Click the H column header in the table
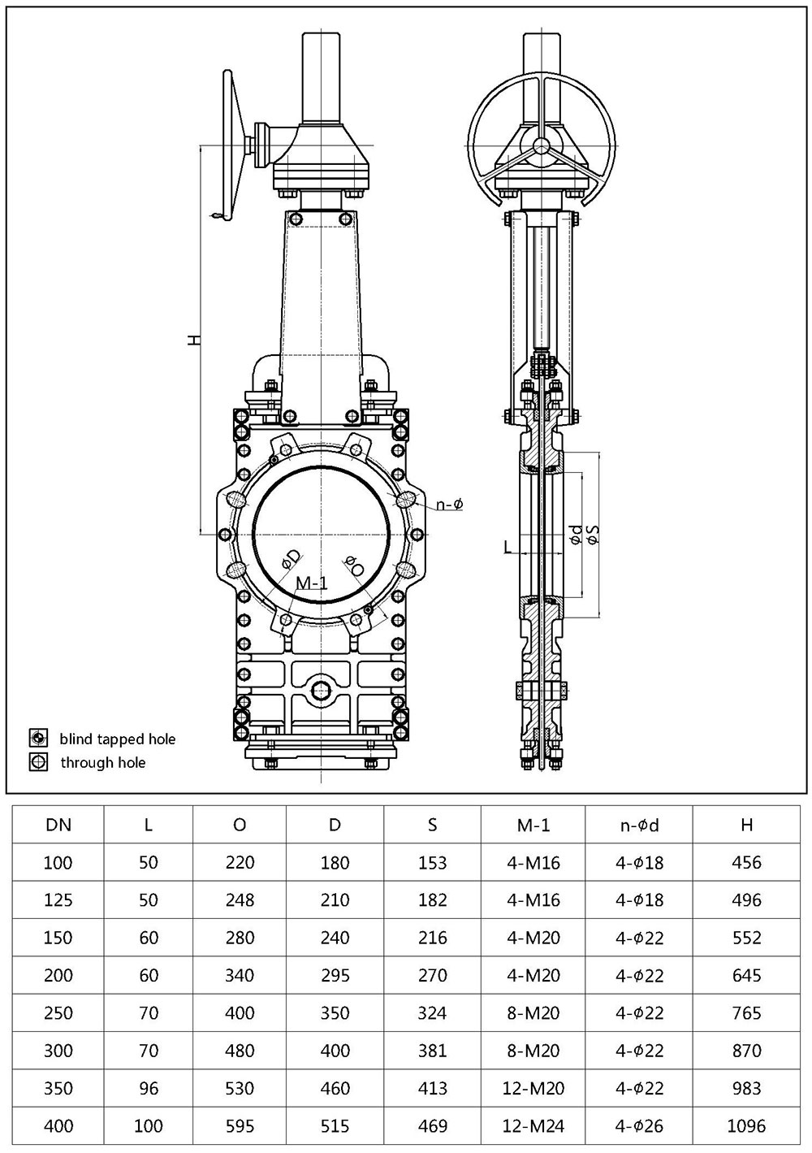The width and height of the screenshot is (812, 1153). pos(746,825)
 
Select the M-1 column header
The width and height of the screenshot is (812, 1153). pos(533,825)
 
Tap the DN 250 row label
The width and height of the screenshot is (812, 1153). pos(58,1012)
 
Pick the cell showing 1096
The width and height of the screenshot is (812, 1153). pos(746,1125)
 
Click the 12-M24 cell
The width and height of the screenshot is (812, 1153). pos(533,1125)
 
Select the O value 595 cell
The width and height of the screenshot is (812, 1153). pos(240,1125)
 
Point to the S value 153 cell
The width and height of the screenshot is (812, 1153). pos(432,862)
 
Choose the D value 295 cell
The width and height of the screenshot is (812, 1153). pos(335,975)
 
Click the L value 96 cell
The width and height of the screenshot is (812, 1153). pos(149,1088)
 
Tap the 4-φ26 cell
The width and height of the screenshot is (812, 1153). pos(639,1125)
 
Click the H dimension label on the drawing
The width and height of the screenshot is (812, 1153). pos(193,340)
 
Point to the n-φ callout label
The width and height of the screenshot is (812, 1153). pos(449,505)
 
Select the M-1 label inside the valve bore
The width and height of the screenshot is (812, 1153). pos(311,583)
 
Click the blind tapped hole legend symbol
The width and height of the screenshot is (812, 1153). pos(37,739)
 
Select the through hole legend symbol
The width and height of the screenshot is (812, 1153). pos(37,762)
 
